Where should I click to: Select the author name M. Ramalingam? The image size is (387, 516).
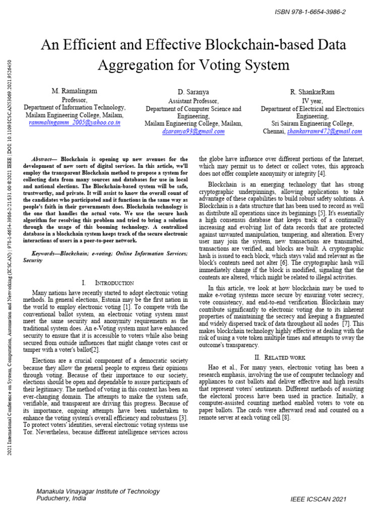click(x=74, y=91)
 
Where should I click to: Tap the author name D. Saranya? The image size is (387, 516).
click(x=193, y=92)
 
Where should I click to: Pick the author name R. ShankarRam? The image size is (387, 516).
click(x=312, y=92)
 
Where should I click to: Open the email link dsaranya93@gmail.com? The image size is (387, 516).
click(x=193, y=131)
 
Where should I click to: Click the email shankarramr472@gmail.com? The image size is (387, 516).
click(x=325, y=131)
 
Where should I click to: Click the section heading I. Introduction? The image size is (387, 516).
click(x=107, y=283)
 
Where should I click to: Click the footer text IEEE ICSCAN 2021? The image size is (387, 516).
click(x=318, y=499)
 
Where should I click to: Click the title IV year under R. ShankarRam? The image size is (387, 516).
click(x=312, y=100)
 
